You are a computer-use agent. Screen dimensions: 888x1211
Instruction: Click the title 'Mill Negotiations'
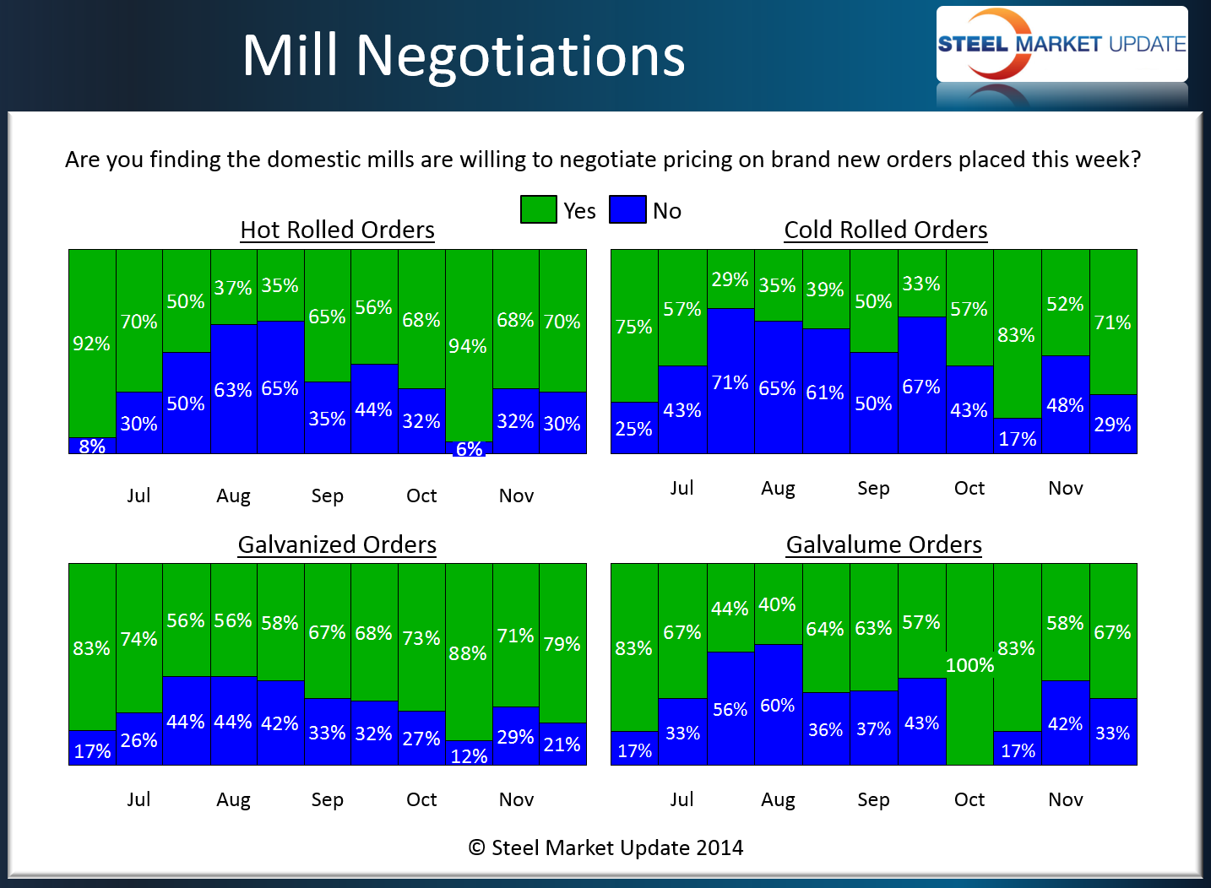click(x=463, y=56)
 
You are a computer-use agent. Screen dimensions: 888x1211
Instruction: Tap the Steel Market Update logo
click(x=1062, y=45)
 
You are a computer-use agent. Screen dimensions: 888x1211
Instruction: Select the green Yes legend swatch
click(x=538, y=209)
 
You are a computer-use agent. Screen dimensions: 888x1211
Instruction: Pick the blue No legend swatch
click(x=627, y=209)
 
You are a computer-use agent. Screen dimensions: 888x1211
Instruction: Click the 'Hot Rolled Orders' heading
click(x=337, y=230)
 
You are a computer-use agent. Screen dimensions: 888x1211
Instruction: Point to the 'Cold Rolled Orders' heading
click(x=885, y=230)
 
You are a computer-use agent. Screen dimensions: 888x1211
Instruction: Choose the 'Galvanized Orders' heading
click(x=337, y=544)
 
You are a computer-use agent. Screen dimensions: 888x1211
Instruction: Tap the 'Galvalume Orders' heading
click(x=883, y=544)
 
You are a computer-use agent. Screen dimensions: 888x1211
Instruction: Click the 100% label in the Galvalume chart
click(x=969, y=665)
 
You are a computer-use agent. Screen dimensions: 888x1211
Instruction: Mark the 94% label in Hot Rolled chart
click(x=468, y=346)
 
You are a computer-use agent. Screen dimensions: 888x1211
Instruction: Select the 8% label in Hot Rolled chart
click(x=92, y=447)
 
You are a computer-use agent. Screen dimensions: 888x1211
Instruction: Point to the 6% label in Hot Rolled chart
click(x=469, y=449)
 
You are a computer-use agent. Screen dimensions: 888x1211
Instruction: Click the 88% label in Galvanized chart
click(x=468, y=653)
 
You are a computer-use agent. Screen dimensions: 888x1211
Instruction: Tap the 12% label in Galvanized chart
click(x=469, y=756)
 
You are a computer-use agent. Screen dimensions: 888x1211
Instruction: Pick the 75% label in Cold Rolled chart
click(x=633, y=327)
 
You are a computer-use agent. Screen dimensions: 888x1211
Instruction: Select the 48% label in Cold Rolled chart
click(x=1065, y=405)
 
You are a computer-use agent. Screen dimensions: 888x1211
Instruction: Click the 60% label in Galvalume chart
click(x=777, y=705)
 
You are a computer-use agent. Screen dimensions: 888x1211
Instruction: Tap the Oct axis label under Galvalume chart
click(x=969, y=799)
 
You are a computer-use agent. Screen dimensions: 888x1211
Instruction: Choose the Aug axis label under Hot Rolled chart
click(x=233, y=495)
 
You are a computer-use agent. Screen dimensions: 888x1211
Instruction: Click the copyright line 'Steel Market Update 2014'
click(x=606, y=847)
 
